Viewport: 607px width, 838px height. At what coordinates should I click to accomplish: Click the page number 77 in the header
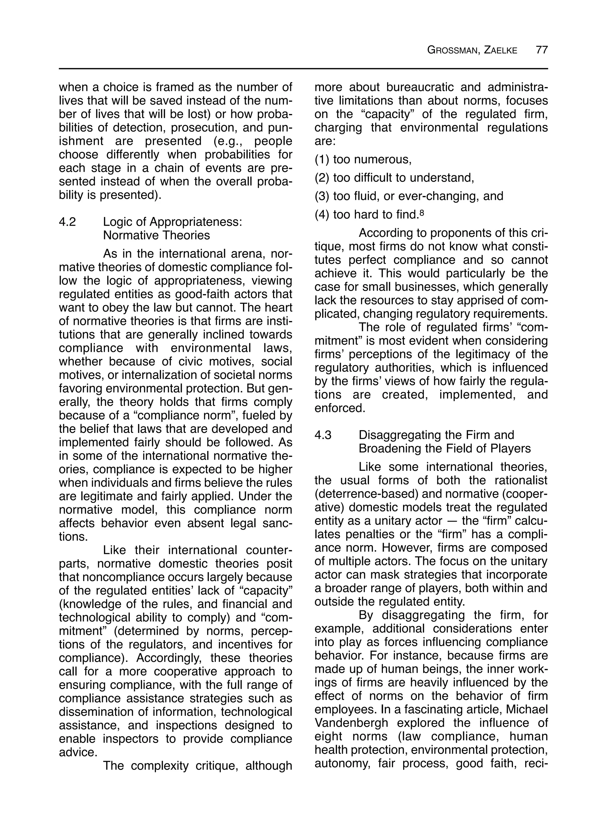541,50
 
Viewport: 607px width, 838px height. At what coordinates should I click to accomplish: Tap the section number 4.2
67,222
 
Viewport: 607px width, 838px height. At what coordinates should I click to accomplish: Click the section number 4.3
323,435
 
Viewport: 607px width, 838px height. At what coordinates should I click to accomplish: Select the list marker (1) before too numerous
322,160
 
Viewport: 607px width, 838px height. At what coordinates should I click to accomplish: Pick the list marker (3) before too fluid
322,196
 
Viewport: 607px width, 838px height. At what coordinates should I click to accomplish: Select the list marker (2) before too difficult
322,178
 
